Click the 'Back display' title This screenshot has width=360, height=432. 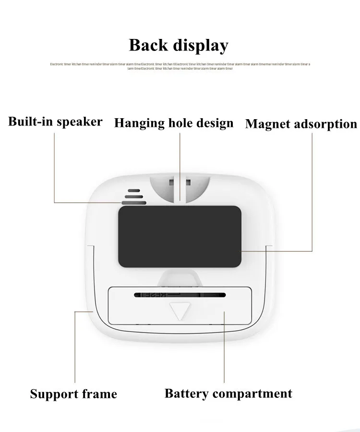coord(179,45)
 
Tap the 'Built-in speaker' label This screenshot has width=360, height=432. coord(55,121)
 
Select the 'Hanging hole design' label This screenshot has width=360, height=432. coord(174,123)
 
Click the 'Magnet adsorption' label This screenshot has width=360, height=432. coord(301,124)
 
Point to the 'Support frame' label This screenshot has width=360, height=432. coord(73,395)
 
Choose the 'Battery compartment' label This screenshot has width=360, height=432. coord(228,394)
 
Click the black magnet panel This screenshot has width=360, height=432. coord(180,236)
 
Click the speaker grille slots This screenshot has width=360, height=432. coord(133,196)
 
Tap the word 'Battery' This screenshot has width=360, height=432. coord(186,394)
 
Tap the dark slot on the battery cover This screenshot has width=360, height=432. coord(180,294)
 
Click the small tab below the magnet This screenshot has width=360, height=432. coord(180,275)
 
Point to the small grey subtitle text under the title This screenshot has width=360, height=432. coord(180,66)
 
